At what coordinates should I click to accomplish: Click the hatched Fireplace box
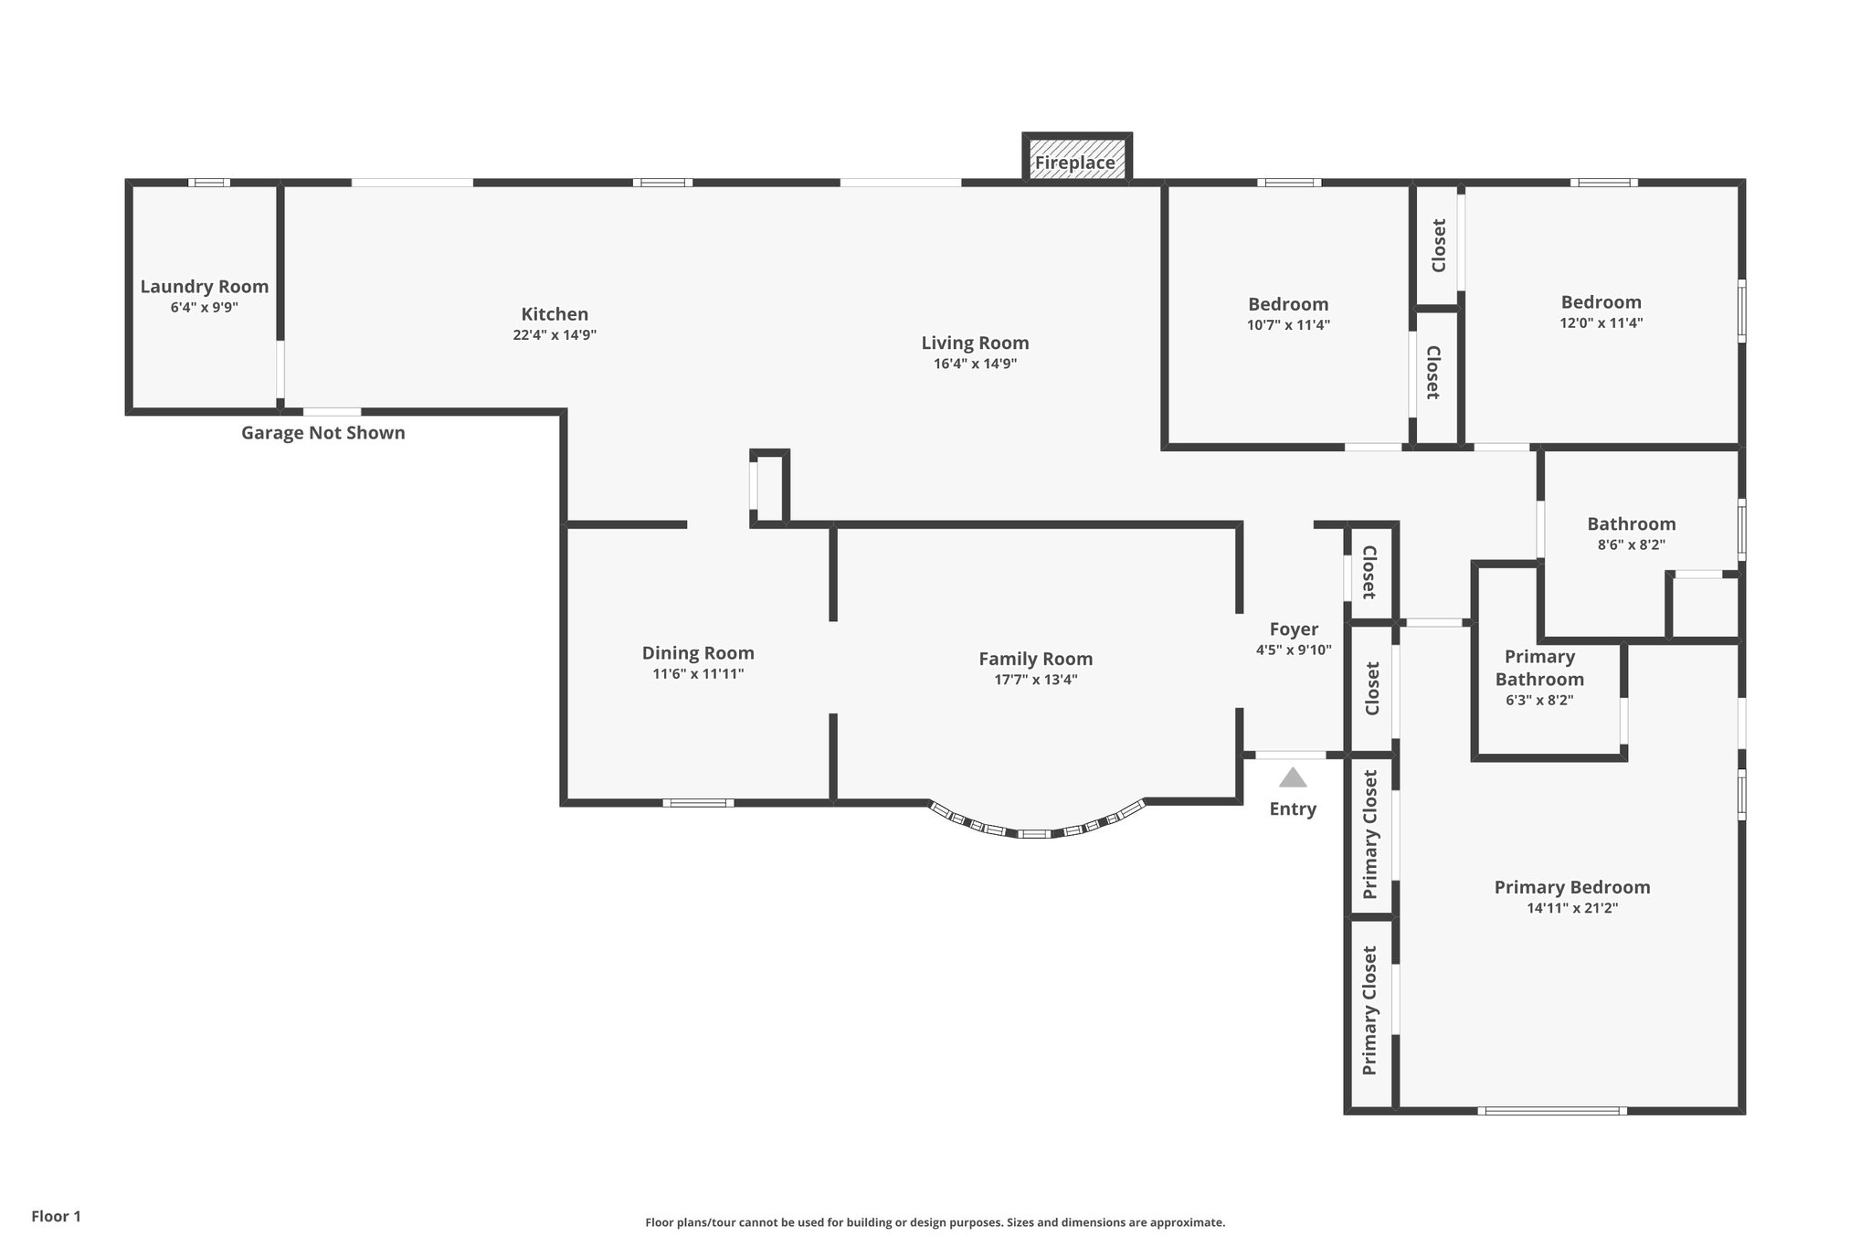[1076, 157]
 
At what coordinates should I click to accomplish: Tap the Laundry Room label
[204, 287]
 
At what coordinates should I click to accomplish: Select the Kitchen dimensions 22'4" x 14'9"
[555, 335]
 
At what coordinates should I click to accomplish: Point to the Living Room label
[975, 343]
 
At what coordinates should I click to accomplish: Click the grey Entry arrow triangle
[1292, 777]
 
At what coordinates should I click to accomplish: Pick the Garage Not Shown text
[322, 433]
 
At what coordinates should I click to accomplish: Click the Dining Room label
[698, 653]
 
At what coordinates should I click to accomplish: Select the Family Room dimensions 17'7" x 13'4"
[1035, 680]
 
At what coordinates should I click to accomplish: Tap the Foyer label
[1294, 629]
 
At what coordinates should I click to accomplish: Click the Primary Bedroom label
[1571, 887]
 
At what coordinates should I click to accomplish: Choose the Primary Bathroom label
[1539, 668]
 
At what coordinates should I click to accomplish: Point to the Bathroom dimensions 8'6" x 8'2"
[1631, 545]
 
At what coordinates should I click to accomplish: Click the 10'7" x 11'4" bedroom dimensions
[1288, 325]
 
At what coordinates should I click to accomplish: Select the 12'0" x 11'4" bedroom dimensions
[1601, 323]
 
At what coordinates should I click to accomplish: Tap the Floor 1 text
[56, 1217]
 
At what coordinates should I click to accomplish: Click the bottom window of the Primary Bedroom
[1551, 1111]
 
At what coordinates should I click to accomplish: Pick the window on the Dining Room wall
[698, 803]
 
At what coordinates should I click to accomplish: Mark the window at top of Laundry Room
[209, 183]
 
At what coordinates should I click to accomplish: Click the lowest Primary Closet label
[1369, 1011]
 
